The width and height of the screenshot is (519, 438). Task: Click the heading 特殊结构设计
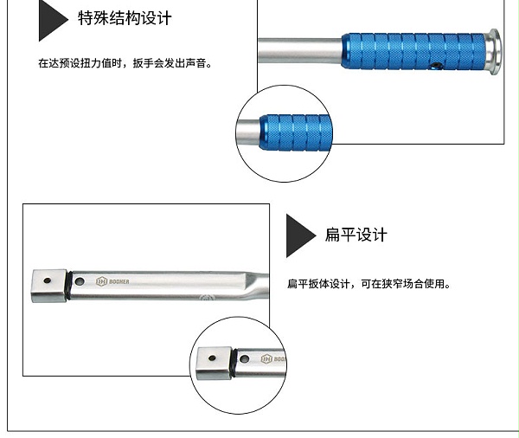point(125,18)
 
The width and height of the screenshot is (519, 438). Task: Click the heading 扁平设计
point(356,235)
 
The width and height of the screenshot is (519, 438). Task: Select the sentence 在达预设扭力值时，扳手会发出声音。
point(125,63)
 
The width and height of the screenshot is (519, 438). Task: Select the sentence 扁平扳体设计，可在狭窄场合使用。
point(368,284)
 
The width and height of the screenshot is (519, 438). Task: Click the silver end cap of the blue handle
point(493,52)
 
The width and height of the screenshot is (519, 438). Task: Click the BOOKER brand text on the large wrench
point(119,281)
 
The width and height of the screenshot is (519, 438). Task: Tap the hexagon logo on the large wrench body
point(101,281)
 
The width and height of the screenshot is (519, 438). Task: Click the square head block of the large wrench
point(49,286)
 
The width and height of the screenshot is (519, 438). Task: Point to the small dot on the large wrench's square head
point(48,280)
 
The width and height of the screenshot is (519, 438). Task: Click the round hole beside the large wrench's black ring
point(80,281)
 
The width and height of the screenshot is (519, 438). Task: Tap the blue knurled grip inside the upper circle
point(296,132)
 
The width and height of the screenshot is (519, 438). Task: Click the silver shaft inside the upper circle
point(248,132)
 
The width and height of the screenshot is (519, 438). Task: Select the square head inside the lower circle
point(214,363)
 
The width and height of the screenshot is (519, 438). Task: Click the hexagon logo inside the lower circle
point(266,359)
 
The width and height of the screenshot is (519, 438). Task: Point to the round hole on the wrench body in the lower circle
point(245,359)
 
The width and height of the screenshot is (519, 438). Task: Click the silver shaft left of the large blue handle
point(300,51)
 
